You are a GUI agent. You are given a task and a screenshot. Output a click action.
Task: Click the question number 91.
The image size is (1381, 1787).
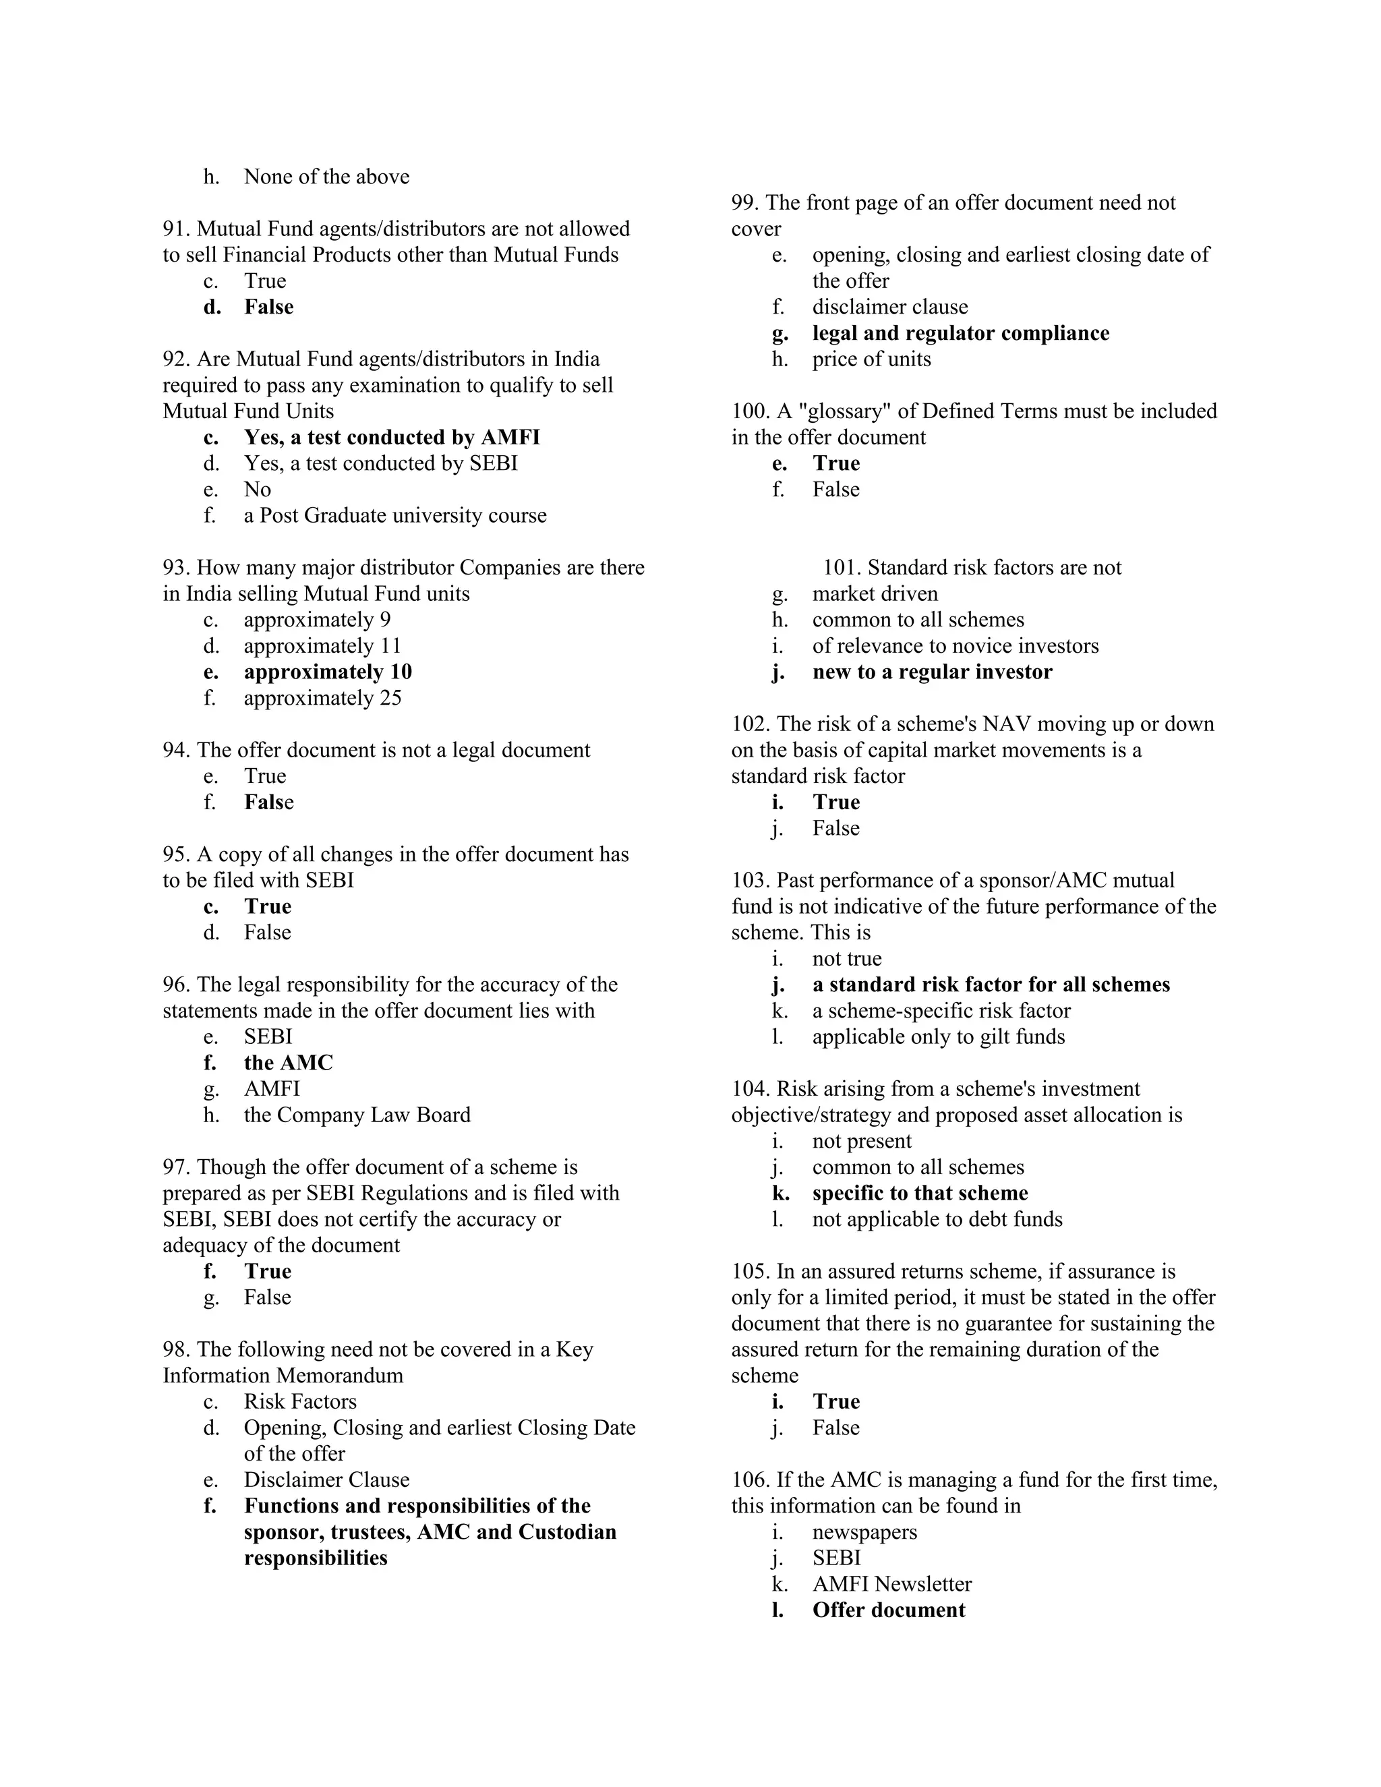(176, 229)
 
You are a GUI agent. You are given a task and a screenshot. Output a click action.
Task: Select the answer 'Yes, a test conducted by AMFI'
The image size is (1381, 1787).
(391, 438)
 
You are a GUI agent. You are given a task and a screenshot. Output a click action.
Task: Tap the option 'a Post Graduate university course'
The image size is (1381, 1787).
(394, 515)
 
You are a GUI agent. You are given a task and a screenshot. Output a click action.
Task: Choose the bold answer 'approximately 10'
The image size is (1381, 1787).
(327, 672)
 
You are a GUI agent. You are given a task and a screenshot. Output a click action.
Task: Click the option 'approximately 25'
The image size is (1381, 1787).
(322, 698)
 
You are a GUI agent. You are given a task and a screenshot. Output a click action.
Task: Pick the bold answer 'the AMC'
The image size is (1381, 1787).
(288, 1063)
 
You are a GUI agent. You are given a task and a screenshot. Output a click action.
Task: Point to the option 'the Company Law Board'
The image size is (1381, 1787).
(357, 1115)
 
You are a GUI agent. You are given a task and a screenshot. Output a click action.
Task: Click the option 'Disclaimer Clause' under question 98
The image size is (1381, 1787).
(326, 1480)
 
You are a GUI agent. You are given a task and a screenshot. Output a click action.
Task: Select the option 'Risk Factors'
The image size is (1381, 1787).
(299, 1402)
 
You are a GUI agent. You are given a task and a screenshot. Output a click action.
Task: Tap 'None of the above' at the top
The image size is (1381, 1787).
(326, 177)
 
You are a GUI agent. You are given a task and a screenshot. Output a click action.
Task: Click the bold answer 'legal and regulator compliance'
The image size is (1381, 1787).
(960, 333)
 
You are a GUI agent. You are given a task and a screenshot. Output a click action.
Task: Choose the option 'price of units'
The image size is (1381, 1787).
(871, 359)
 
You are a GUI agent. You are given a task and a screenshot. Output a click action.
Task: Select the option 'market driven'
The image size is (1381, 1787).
(875, 594)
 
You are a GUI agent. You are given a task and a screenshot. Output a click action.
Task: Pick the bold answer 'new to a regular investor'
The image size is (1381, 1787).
(932, 672)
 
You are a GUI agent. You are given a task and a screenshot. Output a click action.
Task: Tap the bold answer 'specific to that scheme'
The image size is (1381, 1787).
(920, 1193)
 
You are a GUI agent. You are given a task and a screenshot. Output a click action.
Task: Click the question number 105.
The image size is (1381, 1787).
(751, 1272)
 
